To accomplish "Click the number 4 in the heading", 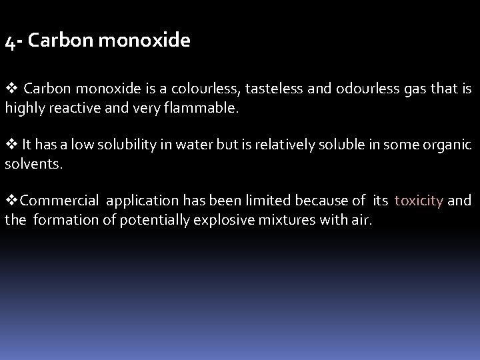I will point(9,42).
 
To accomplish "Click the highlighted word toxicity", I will point(419,201).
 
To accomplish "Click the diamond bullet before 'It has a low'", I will point(10,144).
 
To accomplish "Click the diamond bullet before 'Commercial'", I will point(10,200).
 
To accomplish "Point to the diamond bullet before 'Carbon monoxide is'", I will point(10,89).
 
